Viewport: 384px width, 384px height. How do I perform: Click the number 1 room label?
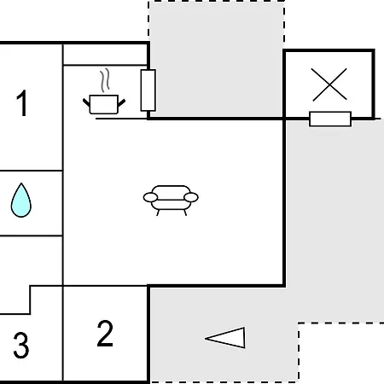pos(22,103)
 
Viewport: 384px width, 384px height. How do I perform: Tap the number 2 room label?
pos(105,334)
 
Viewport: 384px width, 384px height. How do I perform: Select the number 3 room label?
pos(21,346)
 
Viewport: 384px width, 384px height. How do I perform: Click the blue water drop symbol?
pos(21,201)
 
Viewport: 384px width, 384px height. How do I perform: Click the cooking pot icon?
pos(104,104)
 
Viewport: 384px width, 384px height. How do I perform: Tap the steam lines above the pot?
pos(105,80)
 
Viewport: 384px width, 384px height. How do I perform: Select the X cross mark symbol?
pos(329,84)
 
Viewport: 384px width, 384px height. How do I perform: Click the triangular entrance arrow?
pos(225,338)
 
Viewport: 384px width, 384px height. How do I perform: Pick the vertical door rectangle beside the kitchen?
pos(148,90)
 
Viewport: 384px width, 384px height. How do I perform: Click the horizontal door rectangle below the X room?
pos(330,119)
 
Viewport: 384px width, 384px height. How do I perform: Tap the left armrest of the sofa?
pos(150,197)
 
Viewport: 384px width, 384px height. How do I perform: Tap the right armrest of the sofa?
pos(191,197)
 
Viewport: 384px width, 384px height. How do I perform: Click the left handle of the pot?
pos(86,102)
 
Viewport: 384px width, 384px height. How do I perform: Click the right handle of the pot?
pos(121,102)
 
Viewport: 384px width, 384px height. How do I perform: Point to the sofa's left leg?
pos(158,212)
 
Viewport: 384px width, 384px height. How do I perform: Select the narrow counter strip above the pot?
pos(105,55)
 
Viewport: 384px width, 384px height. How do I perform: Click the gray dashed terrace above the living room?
pos(216,59)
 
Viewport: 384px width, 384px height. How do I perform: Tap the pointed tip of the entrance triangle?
pos(206,338)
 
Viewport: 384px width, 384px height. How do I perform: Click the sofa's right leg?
pos(185,212)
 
